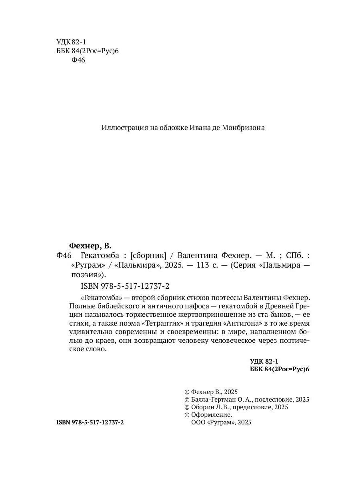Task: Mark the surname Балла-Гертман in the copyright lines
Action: pos(210,399)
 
